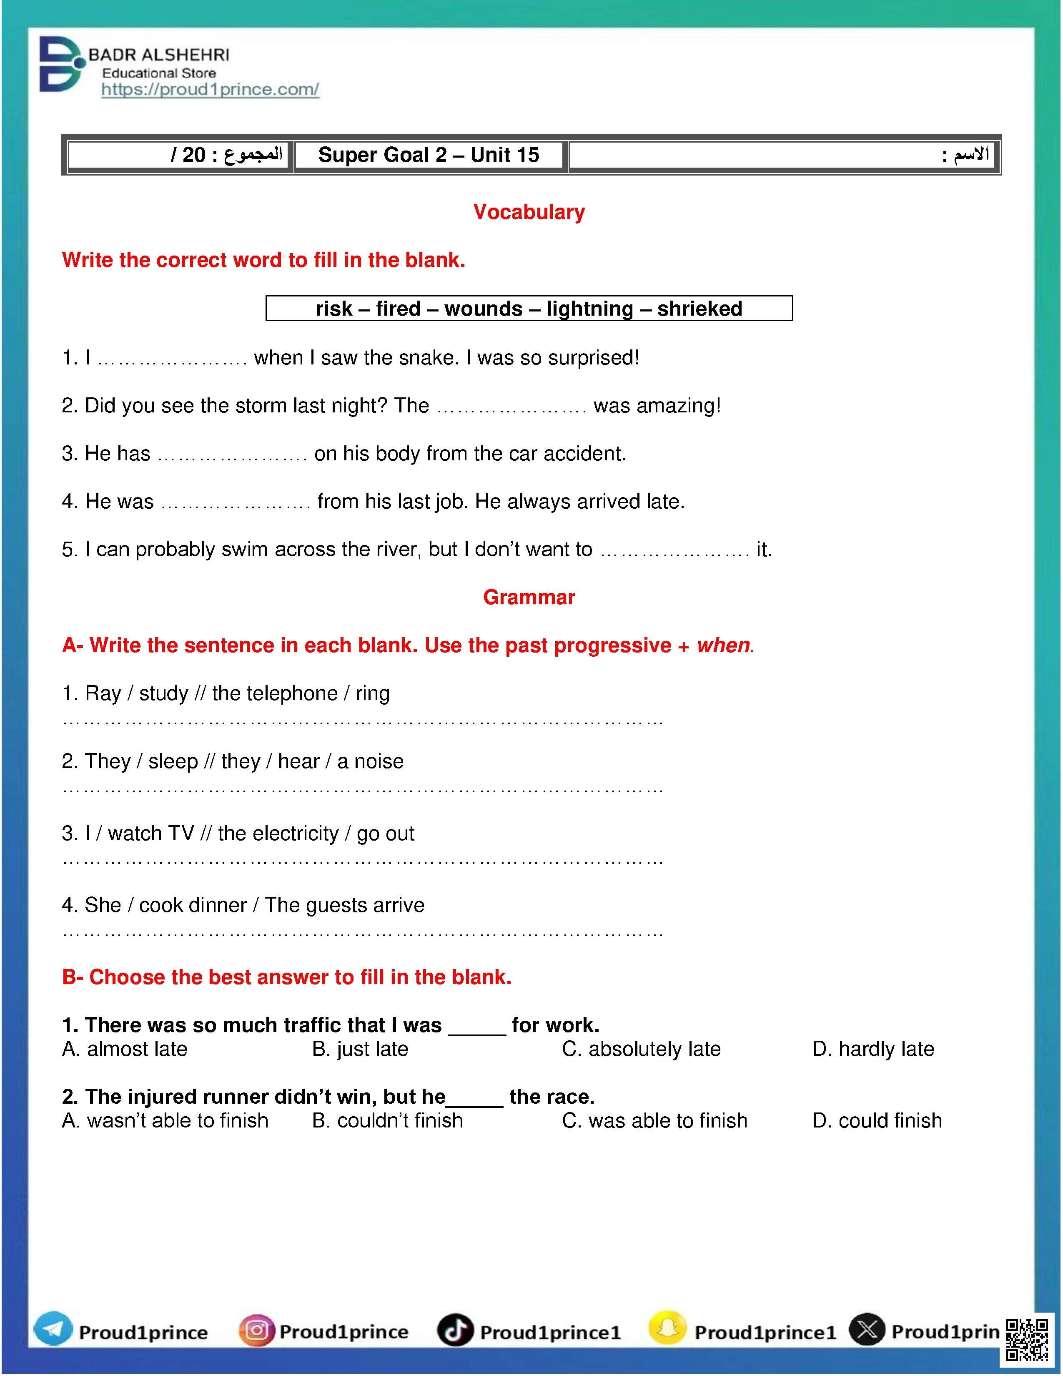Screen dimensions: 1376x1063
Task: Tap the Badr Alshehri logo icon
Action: (x=60, y=64)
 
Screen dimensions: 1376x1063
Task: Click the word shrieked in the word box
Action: (x=699, y=309)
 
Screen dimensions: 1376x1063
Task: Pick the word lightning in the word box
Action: (x=589, y=309)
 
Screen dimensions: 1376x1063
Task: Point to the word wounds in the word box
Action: (x=483, y=309)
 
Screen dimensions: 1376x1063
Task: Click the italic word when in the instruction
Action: (x=723, y=645)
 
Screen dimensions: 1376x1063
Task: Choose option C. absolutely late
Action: (x=641, y=1049)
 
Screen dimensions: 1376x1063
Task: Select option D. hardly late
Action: (x=873, y=1049)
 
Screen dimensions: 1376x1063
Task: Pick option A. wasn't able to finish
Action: (x=165, y=1121)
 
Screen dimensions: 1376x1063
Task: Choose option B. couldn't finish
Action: (x=387, y=1121)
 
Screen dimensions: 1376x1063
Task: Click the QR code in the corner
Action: (x=1027, y=1339)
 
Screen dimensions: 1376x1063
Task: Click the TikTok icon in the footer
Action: (x=455, y=1330)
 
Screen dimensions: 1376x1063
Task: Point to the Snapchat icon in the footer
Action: (x=667, y=1329)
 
